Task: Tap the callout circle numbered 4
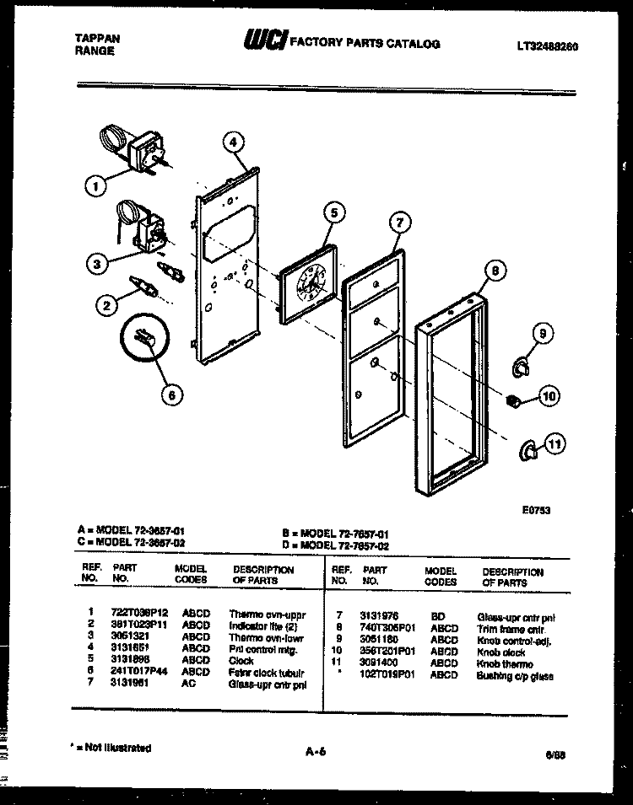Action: point(235,142)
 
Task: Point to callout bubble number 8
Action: point(497,271)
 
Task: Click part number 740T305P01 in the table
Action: point(387,629)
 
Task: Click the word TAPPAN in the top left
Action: point(93,39)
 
